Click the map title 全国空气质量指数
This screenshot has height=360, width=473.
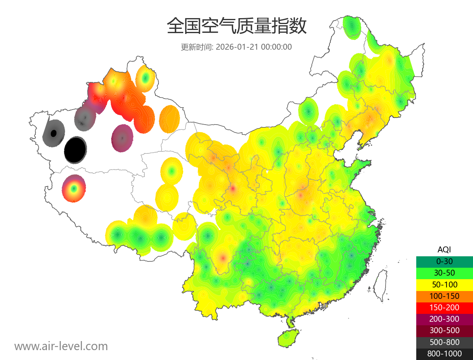pos(236,26)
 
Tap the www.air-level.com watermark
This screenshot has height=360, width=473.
pos(61,346)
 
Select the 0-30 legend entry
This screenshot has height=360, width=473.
pos(444,261)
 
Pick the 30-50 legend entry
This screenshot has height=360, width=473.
pos(444,272)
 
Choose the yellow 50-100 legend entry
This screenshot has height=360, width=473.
pos(444,284)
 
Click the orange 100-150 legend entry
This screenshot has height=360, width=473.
pos(444,296)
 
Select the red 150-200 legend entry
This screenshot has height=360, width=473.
pos(444,307)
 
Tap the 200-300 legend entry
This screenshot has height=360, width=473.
pos(444,319)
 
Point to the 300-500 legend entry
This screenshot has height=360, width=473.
pos(444,330)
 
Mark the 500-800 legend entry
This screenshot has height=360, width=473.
pos(444,342)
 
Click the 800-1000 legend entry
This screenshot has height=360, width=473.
pos(444,354)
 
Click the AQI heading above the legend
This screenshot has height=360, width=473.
pos(444,250)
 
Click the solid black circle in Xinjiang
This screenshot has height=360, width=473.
pos(75,150)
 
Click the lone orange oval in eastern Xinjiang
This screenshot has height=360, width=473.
pos(169,119)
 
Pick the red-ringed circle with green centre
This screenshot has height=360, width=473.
pos(74,188)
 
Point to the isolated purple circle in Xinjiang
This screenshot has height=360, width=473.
pos(122,138)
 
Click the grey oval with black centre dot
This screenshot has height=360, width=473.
pos(54,133)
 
